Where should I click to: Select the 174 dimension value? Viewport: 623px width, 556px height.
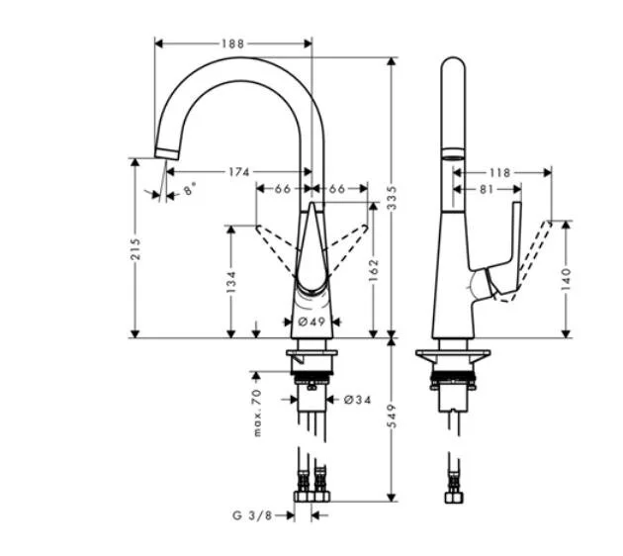pos(237,172)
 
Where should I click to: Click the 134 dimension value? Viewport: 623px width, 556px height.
pos(230,283)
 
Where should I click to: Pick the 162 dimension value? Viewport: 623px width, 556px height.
pos(374,271)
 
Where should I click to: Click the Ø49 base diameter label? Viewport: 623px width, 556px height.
pos(311,322)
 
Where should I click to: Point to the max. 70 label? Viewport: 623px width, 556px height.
pos(256,415)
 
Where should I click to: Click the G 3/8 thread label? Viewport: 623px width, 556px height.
pos(251,514)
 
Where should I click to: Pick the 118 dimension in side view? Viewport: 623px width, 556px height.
pos(500,172)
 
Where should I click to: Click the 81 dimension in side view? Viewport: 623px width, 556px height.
pos(485,188)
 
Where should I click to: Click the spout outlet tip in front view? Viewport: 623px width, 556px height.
pos(165,152)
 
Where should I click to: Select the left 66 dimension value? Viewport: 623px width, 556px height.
pos(282,188)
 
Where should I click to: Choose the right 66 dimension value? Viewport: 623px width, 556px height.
pos(336,188)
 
